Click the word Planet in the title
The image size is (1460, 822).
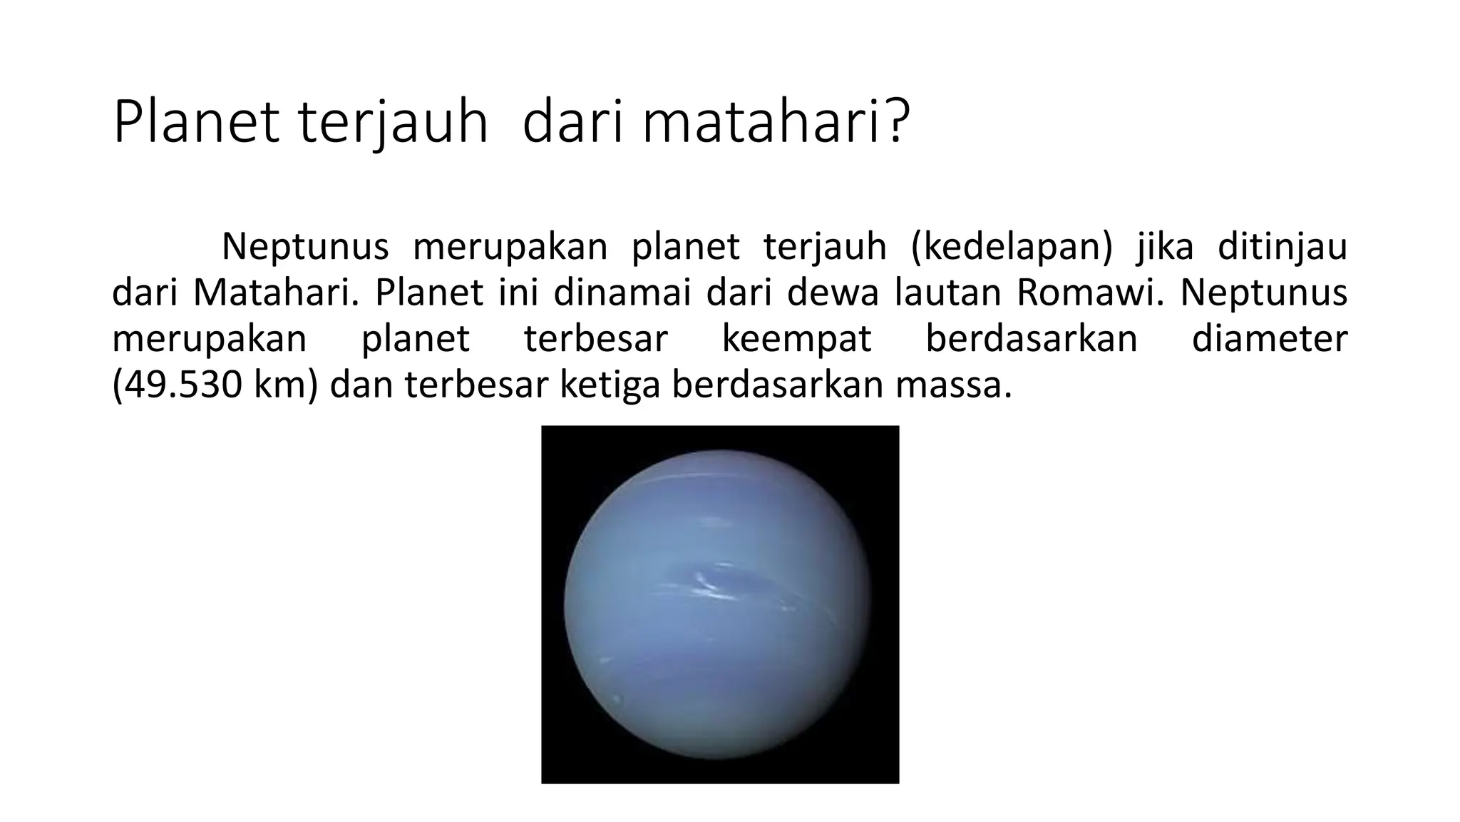click(195, 123)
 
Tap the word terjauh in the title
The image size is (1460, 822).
click(393, 123)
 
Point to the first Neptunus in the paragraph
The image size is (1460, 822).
click(305, 247)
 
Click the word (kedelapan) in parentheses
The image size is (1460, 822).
click(1012, 247)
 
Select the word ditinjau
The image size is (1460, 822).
click(1282, 247)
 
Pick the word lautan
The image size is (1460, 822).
click(949, 293)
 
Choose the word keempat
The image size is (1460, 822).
click(796, 340)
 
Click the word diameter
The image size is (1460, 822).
click(1270, 338)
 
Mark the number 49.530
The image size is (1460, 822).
click(182, 385)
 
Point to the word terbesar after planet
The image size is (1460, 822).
click(596, 338)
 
